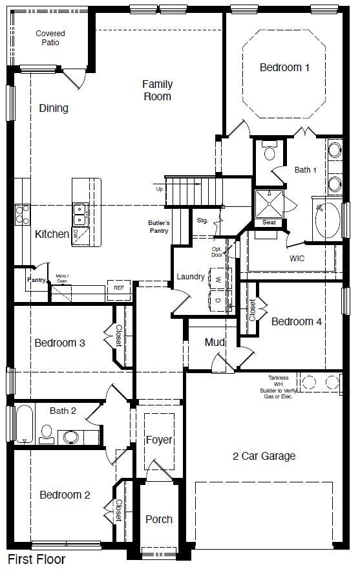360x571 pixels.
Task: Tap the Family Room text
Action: click(157, 90)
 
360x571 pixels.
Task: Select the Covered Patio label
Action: click(50, 38)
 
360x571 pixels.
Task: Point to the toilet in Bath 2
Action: click(47, 433)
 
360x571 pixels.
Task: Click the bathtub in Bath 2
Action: click(25, 423)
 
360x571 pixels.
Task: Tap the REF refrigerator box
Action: click(119, 288)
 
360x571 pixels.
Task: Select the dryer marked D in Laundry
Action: click(218, 299)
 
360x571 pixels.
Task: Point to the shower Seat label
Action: click(269, 222)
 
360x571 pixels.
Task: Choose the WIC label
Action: click(297, 258)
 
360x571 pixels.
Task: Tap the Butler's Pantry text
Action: click(158, 227)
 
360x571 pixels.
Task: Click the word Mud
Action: click(215, 342)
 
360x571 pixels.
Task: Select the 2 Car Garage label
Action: click(264, 456)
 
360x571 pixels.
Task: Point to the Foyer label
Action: click(159, 440)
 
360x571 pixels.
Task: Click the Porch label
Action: click(159, 519)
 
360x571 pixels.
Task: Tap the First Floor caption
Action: click(37, 559)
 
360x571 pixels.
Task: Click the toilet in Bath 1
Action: click(270, 153)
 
